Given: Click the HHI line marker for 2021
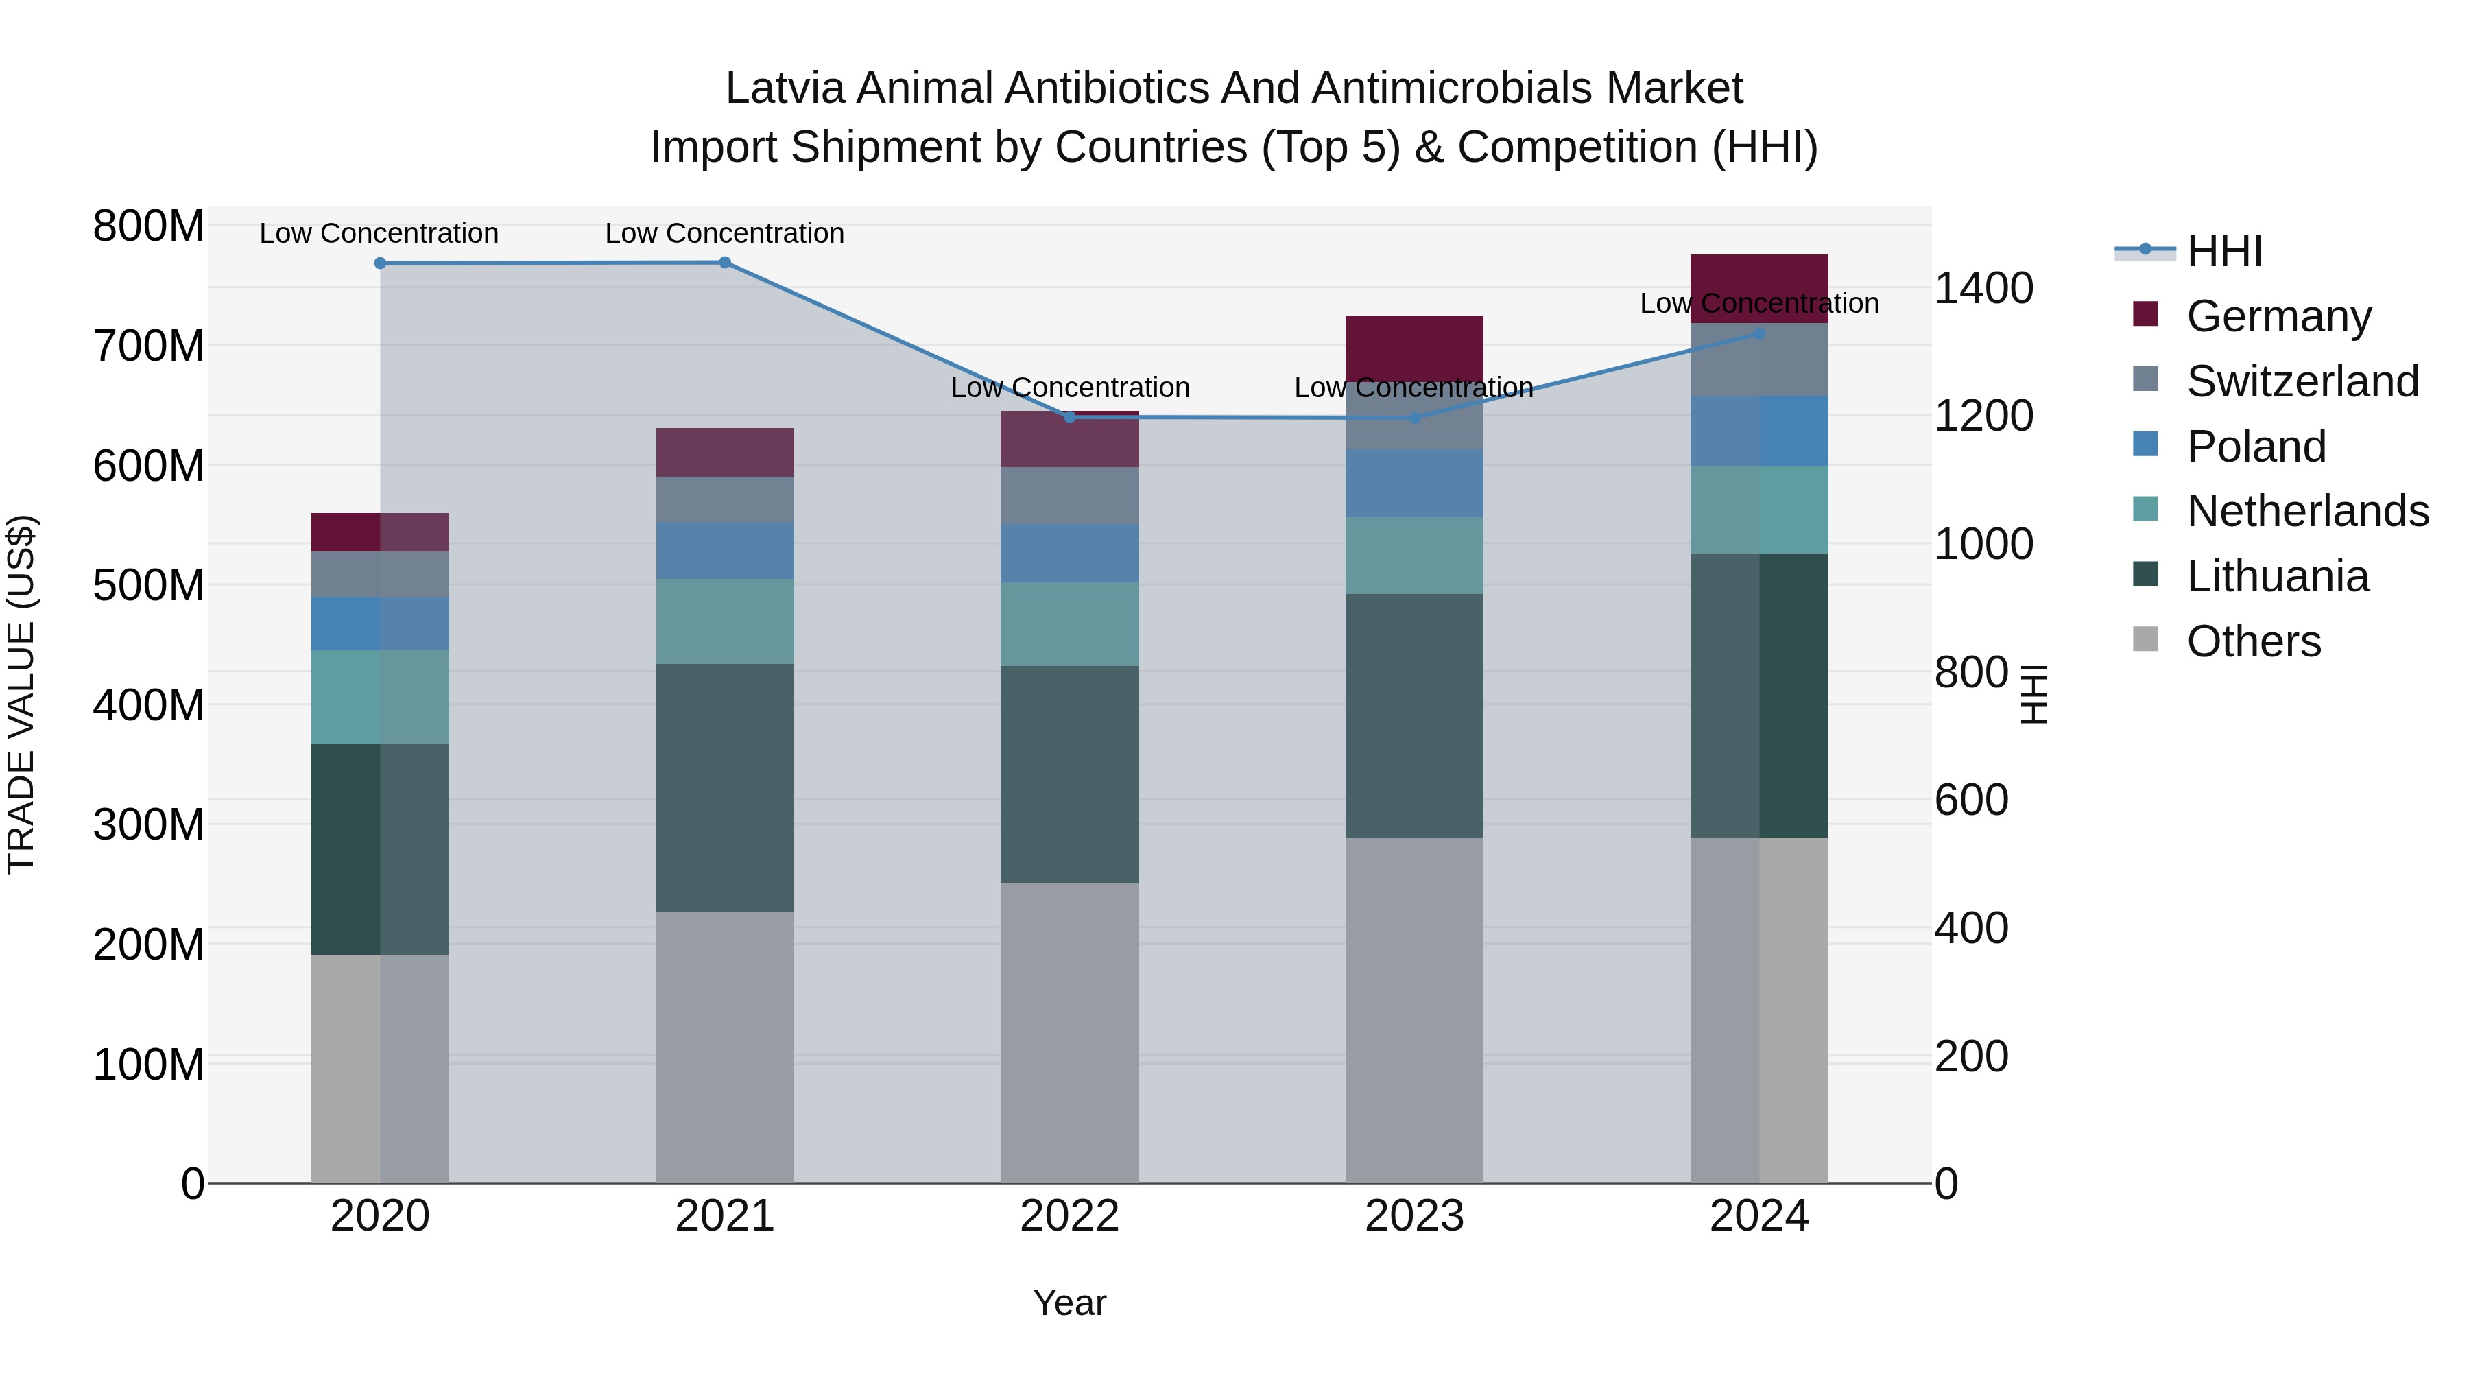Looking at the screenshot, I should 725,263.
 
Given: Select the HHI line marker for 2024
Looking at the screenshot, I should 1758,333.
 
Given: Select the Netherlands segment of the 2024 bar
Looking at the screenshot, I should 1758,510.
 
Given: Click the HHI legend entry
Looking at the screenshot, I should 2223,251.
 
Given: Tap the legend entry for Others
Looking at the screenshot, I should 2252,641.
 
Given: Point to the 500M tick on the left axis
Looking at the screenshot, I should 149,584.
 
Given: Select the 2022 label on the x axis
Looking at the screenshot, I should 1070,1216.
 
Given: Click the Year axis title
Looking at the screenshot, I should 1070,1303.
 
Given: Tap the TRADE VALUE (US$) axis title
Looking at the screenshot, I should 21,694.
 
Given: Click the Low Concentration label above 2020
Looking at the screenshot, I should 379,233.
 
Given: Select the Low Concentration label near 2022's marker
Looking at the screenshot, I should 1070,388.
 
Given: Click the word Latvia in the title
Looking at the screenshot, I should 785,88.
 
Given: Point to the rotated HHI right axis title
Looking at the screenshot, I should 2033,694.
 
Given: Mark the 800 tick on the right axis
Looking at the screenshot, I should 1970,672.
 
